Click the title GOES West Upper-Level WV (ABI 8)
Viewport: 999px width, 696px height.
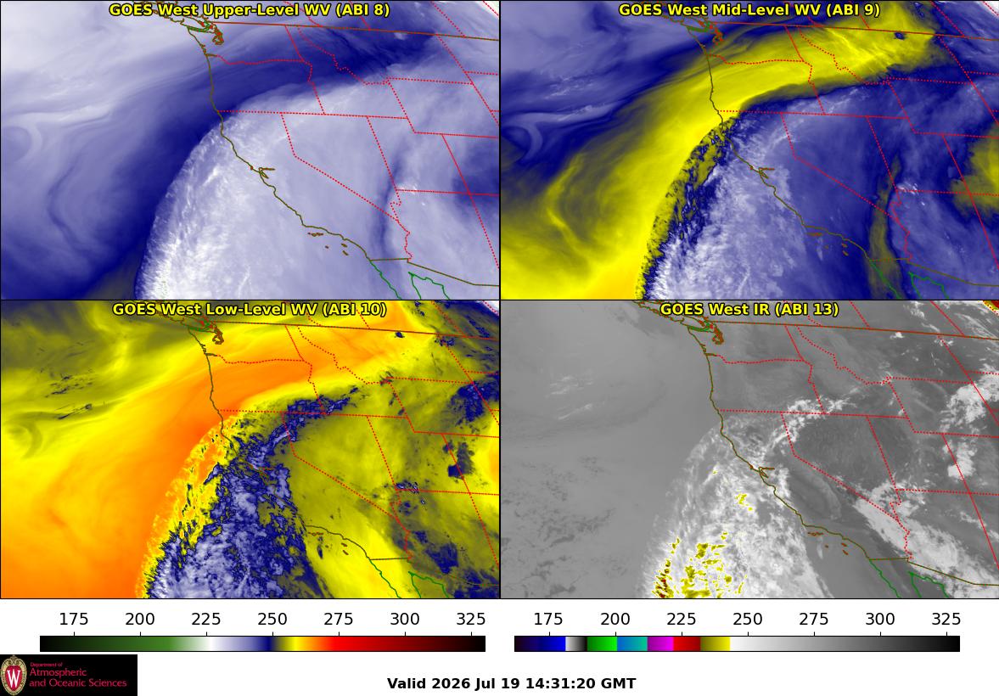(x=249, y=9)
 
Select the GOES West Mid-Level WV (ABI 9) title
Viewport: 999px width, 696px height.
(x=749, y=9)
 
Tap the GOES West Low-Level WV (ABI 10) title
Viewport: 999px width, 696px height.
(x=249, y=309)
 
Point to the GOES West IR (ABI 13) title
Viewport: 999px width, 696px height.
(x=749, y=309)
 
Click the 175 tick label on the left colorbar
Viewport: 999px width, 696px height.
(x=74, y=619)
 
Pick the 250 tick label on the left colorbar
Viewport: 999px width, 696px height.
(x=272, y=619)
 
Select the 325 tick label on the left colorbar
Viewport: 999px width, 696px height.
(x=471, y=619)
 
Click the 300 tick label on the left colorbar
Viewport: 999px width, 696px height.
(x=405, y=619)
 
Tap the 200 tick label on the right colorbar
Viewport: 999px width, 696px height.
(x=615, y=619)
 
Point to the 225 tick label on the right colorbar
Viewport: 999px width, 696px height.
(x=681, y=619)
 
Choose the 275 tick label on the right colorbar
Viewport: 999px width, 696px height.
(x=814, y=619)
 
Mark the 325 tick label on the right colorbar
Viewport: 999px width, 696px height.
(x=946, y=619)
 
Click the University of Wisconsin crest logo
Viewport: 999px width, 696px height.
(x=14, y=676)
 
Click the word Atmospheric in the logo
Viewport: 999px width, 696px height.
(x=58, y=673)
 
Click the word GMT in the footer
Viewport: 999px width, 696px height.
(x=620, y=684)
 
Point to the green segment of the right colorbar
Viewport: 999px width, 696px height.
(x=602, y=643)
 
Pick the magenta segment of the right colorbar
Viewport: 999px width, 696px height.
(x=660, y=643)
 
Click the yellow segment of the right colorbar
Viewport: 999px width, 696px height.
(x=716, y=643)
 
